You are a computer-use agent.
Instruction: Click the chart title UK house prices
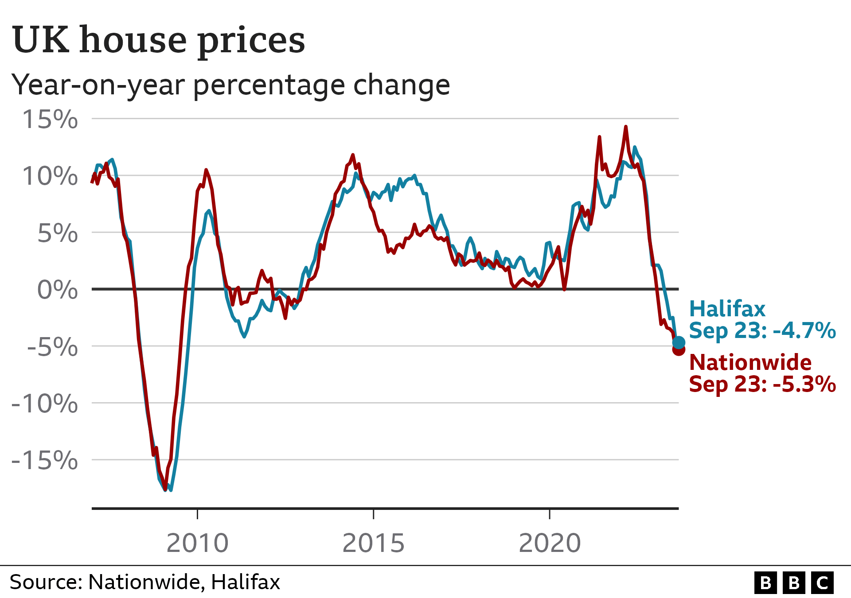tap(159, 40)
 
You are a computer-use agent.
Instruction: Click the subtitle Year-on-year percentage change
tap(230, 85)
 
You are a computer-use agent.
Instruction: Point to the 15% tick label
tap(50, 120)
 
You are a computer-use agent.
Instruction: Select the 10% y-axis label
tap(50, 176)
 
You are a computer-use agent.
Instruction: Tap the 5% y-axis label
tap(57, 233)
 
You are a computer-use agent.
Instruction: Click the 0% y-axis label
tap(57, 290)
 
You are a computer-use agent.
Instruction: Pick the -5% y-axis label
tap(52, 347)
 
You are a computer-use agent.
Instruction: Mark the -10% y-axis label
tap(44, 404)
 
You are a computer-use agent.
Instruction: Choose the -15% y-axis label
tap(44, 461)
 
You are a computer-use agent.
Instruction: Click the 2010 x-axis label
tap(197, 543)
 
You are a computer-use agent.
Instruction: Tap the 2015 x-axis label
tap(373, 543)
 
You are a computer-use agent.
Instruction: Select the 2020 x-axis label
tap(550, 543)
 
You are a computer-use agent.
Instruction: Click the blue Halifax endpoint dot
tap(679, 342)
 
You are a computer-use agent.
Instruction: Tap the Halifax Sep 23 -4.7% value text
tap(762, 331)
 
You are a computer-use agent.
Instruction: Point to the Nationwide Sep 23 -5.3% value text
tap(762, 384)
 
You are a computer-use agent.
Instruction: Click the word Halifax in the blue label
tap(727, 309)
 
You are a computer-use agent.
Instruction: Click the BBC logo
tap(794, 582)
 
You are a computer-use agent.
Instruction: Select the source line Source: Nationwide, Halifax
tap(145, 582)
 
